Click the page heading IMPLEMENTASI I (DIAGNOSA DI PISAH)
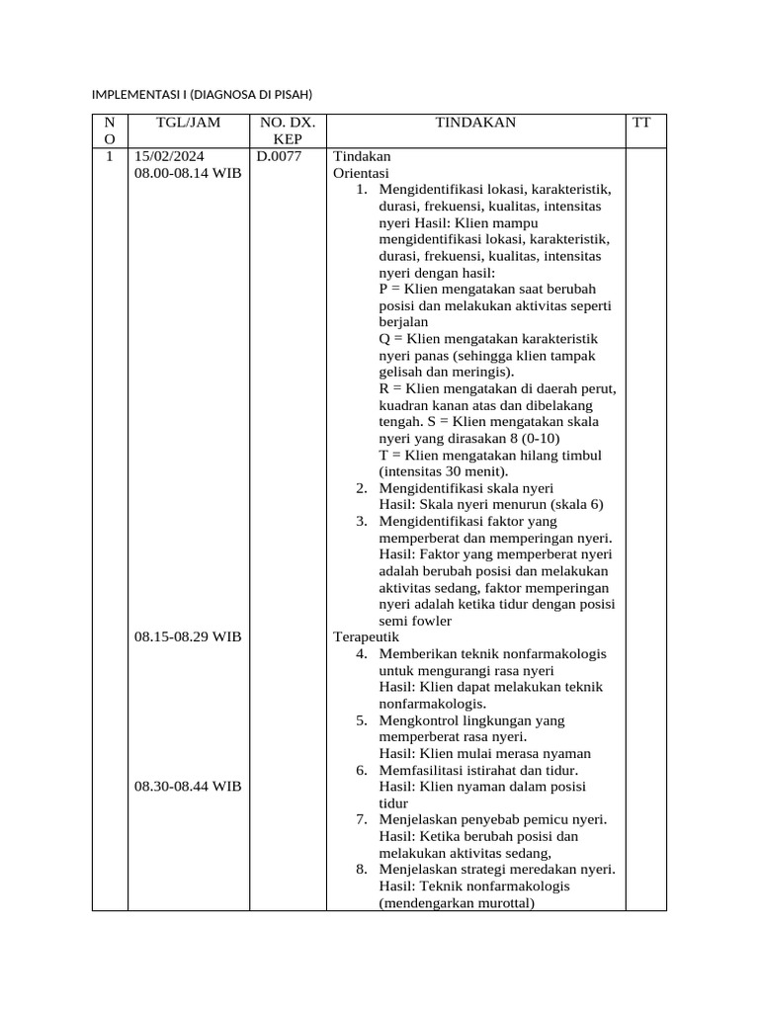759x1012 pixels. tap(202, 95)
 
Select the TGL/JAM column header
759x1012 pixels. tap(189, 123)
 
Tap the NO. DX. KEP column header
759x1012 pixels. tap(288, 130)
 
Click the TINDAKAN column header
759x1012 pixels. tap(475, 123)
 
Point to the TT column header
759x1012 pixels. tap(641, 123)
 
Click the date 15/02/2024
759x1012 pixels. tap(170, 156)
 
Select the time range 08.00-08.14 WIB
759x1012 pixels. tap(188, 173)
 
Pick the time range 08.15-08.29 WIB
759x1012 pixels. tap(188, 636)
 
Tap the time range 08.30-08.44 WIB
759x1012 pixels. tap(188, 786)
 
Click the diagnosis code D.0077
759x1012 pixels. tap(279, 156)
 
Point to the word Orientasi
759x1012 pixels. tap(362, 173)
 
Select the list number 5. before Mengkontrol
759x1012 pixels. tap(363, 720)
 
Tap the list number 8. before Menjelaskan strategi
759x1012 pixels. tap(363, 869)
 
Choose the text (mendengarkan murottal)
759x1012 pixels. tap(457, 902)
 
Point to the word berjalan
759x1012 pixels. tap(404, 321)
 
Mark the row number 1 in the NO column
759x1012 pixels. tap(109, 156)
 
